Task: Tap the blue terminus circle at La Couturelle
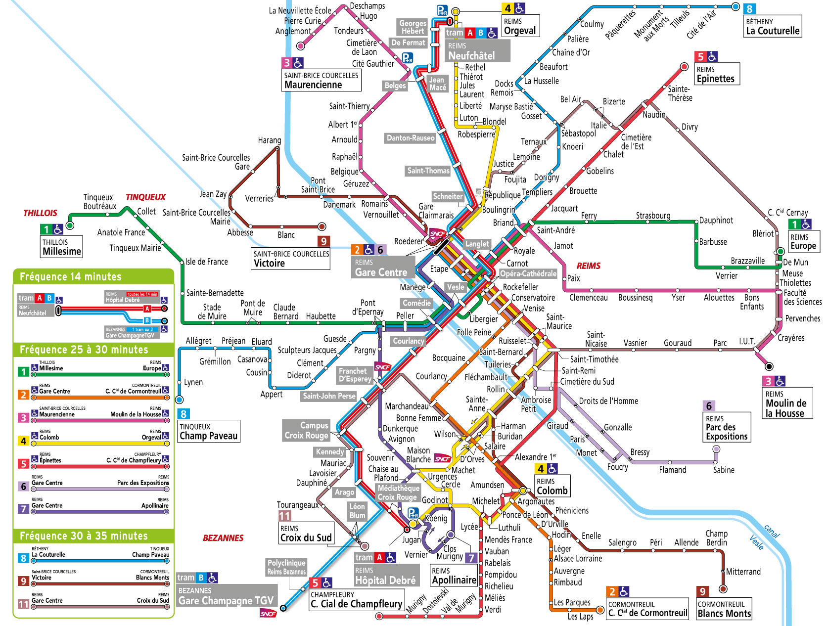[736, 7]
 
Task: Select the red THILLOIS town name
[40, 213]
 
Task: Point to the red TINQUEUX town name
[145, 197]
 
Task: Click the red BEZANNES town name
[223, 538]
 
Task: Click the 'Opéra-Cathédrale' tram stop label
[528, 273]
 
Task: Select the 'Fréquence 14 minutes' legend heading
[70, 277]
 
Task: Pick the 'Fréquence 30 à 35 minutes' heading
[84, 536]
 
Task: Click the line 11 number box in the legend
[23, 604]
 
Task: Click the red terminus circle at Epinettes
[684, 67]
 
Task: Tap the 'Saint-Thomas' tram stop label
[428, 171]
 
